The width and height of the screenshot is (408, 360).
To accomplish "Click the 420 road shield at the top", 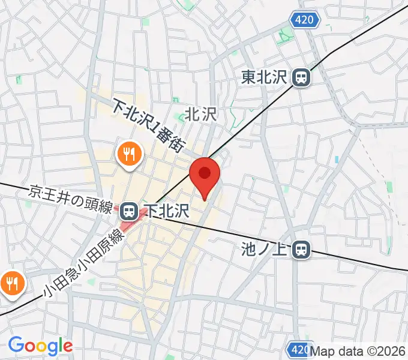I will click(305, 20).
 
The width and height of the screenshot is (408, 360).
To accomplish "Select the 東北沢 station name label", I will click(265, 77).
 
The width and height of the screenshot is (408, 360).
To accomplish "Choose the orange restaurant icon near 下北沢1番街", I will click(129, 154).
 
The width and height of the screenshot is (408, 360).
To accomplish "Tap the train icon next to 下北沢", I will click(127, 210).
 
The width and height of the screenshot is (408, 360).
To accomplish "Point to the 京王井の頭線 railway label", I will click(71, 200).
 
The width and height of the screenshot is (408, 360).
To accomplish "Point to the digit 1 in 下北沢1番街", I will click(154, 128).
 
